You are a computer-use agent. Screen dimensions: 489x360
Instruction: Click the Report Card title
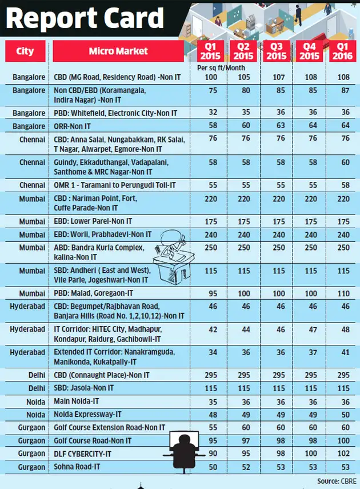click(85, 18)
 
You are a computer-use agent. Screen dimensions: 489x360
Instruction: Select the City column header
click(25, 51)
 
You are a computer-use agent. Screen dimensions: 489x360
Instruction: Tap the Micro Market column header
click(118, 51)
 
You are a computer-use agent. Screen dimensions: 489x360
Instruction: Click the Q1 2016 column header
click(343, 52)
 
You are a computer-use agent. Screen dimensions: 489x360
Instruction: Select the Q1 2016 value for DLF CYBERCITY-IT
click(343, 454)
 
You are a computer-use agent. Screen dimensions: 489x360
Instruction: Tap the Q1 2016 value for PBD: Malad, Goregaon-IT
click(343, 294)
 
